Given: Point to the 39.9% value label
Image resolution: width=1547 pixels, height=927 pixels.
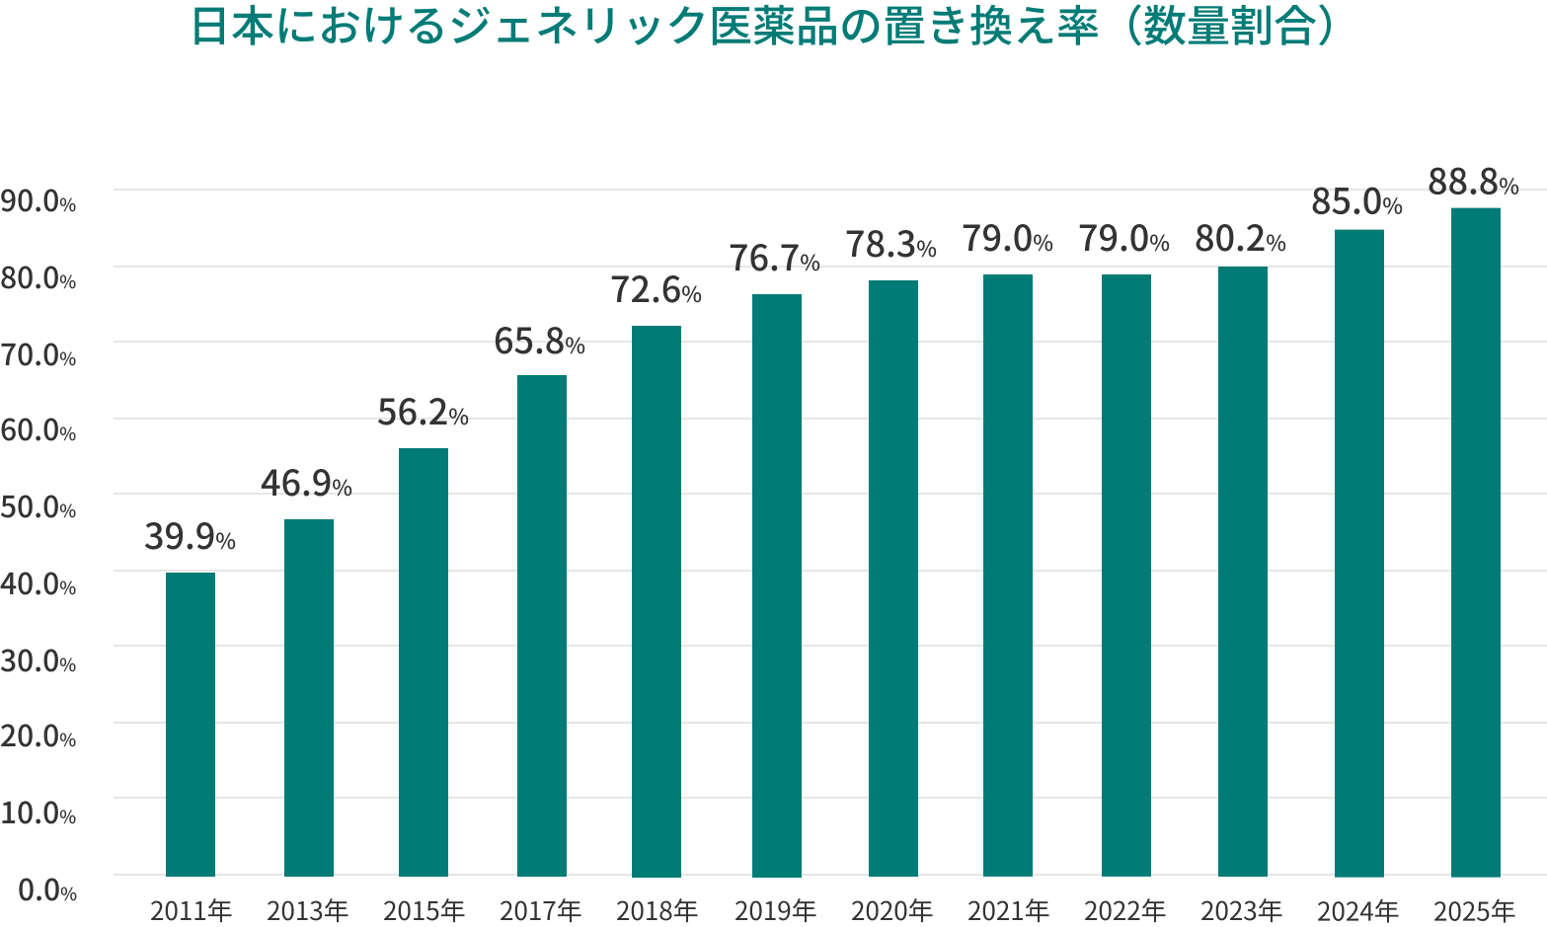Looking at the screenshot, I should (x=190, y=538).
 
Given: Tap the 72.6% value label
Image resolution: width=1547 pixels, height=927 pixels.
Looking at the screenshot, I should (x=656, y=290).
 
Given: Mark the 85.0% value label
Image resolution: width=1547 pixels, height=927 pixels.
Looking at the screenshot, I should (x=1356, y=203).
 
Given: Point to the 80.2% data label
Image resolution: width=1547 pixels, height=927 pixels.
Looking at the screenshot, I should (x=1240, y=241).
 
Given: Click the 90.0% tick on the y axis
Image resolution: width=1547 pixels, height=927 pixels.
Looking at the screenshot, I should (x=39, y=203).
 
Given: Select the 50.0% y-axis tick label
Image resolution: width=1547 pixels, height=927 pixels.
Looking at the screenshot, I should (x=39, y=508).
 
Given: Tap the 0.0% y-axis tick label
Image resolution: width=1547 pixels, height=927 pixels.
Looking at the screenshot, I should (x=46, y=891).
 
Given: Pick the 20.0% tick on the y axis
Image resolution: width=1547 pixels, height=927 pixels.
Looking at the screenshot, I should (x=39, y=737).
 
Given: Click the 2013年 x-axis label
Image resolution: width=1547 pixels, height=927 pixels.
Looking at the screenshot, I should (x=308, y=910).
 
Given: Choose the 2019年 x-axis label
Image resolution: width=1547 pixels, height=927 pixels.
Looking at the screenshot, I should (x=776, y=910).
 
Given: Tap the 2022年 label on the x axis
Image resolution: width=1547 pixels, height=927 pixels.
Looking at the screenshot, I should (x=1125, y=910).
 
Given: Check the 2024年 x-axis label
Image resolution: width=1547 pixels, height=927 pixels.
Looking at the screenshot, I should (x=1358, y=910).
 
